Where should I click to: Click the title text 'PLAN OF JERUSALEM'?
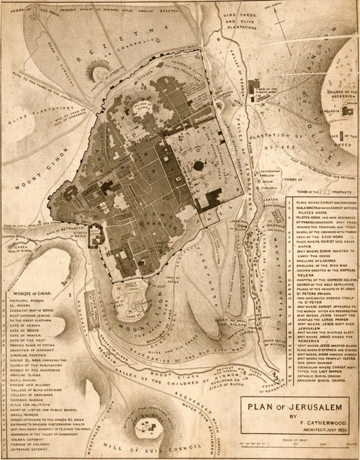point(297,402)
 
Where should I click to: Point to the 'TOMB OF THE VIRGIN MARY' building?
point(255,91)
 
